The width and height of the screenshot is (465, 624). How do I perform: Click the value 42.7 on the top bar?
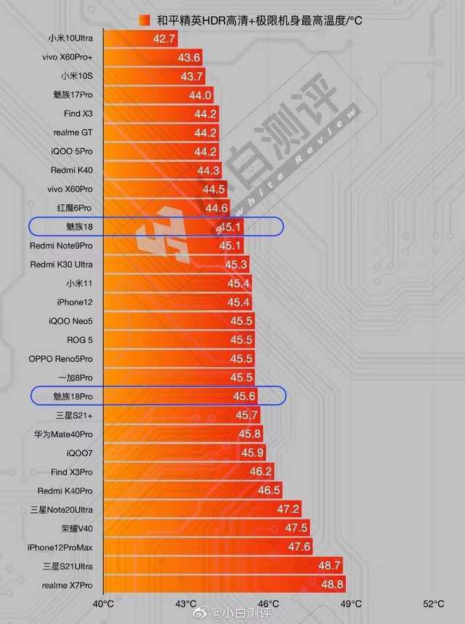(x=165, y=39)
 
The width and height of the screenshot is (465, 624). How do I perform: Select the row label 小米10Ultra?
(x=70, y=39)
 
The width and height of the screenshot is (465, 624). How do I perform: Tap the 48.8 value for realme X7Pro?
(x=332, y=585)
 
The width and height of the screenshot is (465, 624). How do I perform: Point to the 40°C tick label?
(x=103, y=604)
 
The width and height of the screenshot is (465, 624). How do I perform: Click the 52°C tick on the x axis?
(x=434, y=604)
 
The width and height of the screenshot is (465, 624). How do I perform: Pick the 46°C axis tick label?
(x=268, y=604)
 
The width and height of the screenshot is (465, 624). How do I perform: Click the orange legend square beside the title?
(x=144, y=20)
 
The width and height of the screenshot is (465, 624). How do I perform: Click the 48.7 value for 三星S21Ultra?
(x=329, y=566)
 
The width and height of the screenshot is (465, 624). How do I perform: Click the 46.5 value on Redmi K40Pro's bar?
(x=269, y=490)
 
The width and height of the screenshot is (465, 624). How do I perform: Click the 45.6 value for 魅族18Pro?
(x=244, y=396)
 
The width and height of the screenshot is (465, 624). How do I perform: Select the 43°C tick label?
(x=186, y=604)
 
